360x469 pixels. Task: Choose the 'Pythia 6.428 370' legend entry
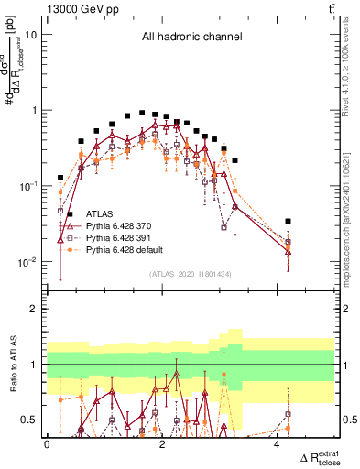click(119, 224)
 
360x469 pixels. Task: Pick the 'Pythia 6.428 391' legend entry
click(119, 237)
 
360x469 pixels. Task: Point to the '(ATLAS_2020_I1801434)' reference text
click(190, 274)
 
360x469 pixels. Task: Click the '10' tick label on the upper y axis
click(31, 35)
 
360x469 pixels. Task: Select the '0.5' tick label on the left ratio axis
click(33, 420)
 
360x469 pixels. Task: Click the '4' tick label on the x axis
click(278, 444)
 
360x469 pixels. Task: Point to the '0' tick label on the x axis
click(47, 444)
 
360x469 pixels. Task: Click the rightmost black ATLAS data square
click(288, 222)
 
